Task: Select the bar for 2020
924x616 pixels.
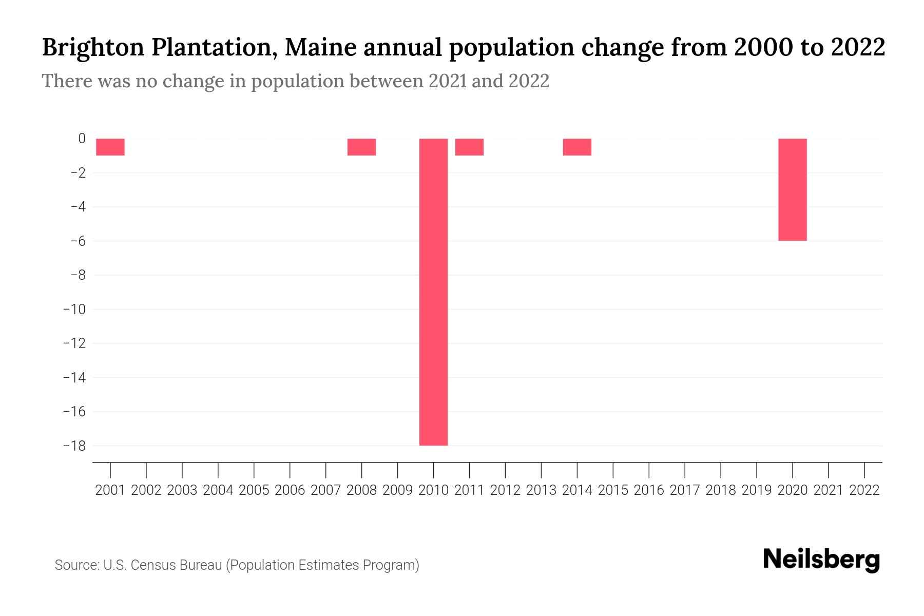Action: [x=792, y=189]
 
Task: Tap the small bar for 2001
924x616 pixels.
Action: [x=110, y=147]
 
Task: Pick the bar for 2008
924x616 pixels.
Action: [x=361, y=147]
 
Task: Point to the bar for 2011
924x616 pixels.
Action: [x=469, y=147]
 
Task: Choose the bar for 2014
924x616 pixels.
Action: [x=577, y=147]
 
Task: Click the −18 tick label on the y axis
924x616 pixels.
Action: [x=74, y=446]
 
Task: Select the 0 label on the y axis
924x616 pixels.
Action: [x=82, y=139]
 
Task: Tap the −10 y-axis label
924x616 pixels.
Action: [x=74, y=309]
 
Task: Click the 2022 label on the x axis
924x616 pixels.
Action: [x=864, y=490]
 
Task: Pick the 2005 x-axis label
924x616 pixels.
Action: [x=254, y=490]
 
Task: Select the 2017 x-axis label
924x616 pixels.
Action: [x=685, y=490]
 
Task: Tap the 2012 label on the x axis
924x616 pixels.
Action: [x=505, y=490]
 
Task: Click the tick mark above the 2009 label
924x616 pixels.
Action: [x=398, y=470]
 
